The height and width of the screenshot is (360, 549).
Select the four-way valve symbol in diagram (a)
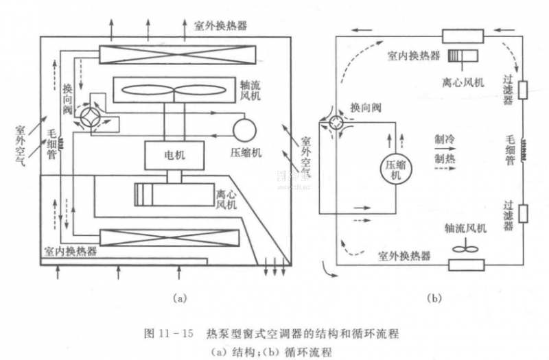(x=91, y=118)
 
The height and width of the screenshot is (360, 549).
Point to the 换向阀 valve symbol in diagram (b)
(x=336, y=123)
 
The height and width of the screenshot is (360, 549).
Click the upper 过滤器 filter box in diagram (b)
(x=522, y=90)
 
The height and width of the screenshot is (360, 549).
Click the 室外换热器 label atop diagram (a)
(x=222, y=25)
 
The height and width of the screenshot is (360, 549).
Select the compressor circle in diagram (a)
(x=243, y=130)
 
